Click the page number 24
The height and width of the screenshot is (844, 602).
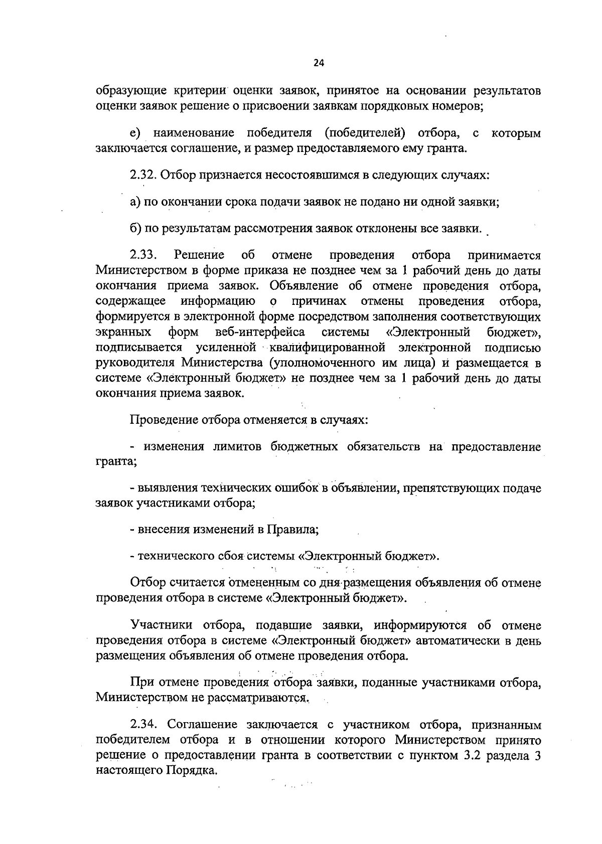[319, 63]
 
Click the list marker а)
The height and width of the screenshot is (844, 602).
[135, 202]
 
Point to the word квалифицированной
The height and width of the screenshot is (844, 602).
[327, 348]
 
